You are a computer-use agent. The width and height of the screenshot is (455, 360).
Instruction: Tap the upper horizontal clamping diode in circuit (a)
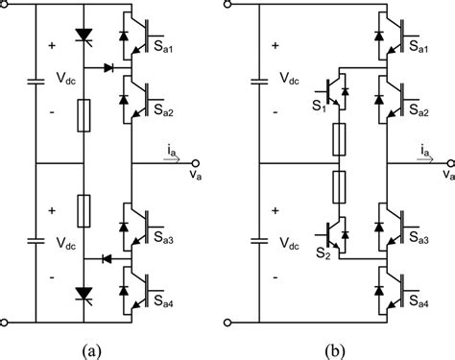click(x=107, y=68)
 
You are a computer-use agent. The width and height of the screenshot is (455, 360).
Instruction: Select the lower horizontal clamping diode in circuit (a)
click(x=107, y=258)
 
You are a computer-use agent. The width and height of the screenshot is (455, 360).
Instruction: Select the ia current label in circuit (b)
click(x=425, y=150)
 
